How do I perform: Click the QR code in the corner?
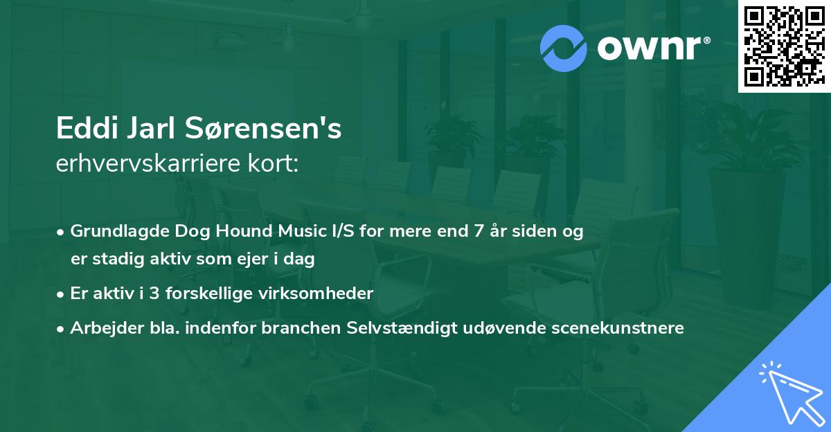[x=784, y=46]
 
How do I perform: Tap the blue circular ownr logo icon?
[x=563, y=48]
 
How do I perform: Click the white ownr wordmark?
[x=653, y=48]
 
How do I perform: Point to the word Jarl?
[x=151, y=128]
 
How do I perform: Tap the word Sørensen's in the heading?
[x=263, y=128]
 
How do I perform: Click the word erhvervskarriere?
[x=148, y=163]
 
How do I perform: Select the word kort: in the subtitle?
[x=273, y=163]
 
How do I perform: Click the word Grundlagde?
[x=120, y=231]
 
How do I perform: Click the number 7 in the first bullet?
[x=479, y=231]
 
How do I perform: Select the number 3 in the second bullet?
[x=154, y=294]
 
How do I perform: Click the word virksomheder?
[x=316, y=294]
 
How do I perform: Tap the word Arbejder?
[x=107, y=327]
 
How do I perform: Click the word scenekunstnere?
[x=618, y=327]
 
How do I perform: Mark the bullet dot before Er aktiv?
[x=60, y=295]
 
